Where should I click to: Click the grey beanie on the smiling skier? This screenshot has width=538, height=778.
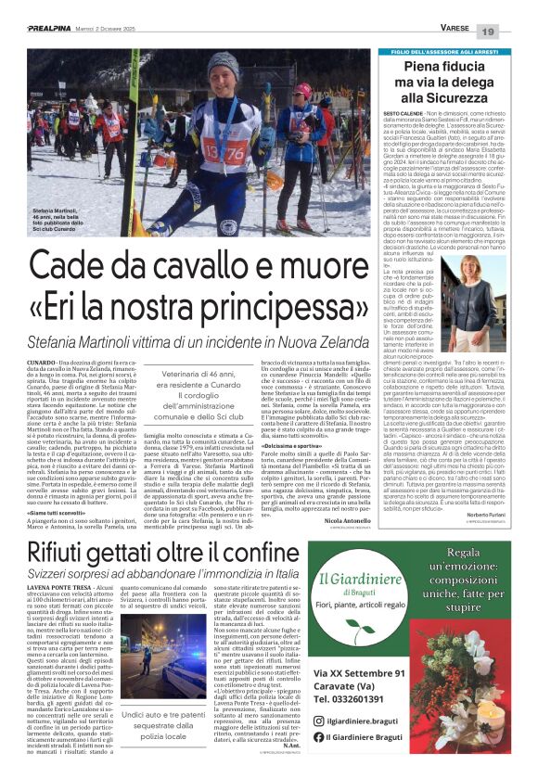pos(223,67)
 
